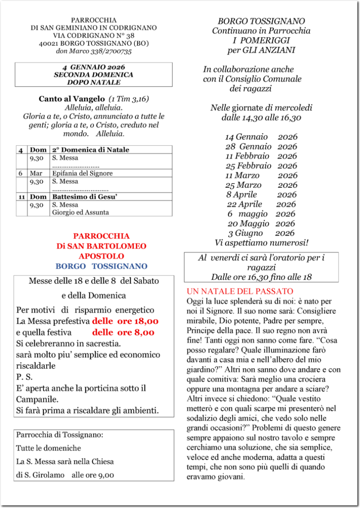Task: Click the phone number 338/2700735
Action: pos(111,51)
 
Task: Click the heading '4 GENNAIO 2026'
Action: pos(94,67)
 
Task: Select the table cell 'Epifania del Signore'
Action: pos(82,173)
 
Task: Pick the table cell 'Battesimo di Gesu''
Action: pos(85,197)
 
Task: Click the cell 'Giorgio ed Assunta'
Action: pos(81,212)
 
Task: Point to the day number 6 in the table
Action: pos(20,173)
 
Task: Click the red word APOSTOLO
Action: pos(101,256)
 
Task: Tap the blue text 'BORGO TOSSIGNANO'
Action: pos(101,266)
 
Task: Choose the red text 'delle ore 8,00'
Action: pos(123,332)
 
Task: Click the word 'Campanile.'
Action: pos(37,399)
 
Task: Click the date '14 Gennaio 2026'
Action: pos(261,137)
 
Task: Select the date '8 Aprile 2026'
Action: pos(261,195)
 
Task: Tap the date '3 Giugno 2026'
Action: pos(261,233)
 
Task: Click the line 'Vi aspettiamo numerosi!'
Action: pos(261,243)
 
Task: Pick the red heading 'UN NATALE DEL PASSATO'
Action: pos(240,291)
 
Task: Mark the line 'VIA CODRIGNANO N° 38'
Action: pos(94,35)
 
